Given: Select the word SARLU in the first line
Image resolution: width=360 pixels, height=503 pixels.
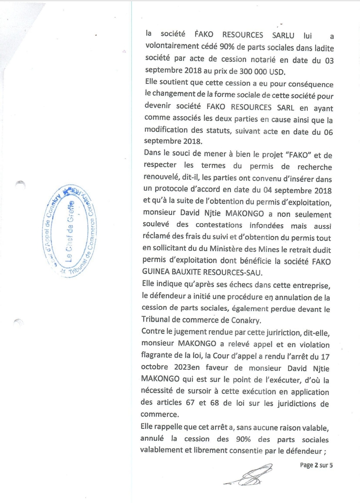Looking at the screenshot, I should [283, 35].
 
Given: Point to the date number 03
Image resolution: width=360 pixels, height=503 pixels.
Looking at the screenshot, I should [329, 61].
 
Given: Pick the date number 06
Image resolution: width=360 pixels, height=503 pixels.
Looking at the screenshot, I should [328, 132].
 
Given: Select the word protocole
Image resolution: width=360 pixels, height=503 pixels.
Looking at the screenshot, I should [186, 189].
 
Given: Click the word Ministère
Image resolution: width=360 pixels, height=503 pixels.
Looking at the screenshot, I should [230, 249].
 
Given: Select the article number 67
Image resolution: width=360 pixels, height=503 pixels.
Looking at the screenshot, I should [190, 402].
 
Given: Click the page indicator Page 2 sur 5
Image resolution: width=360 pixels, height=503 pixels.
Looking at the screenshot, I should [316, 465].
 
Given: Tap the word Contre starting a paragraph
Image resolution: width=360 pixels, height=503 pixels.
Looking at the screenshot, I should [153, 331].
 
